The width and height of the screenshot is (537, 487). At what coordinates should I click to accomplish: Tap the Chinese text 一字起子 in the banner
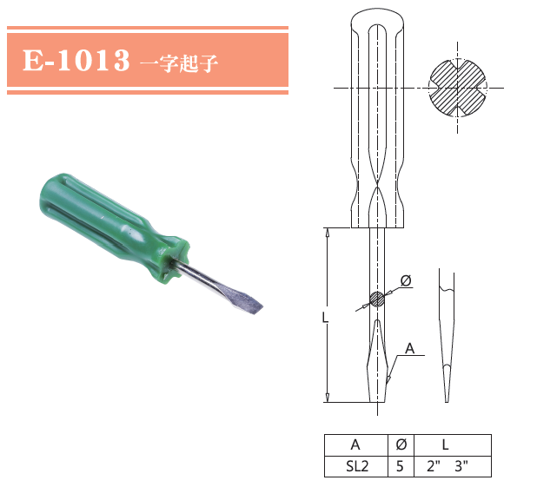click(x=177, y=63)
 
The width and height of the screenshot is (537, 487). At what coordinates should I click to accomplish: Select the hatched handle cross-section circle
click(x=459, y=88)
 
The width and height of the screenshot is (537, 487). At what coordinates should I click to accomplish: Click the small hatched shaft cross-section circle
click(x=377, y=299)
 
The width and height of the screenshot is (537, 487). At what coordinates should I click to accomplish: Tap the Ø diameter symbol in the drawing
click(x=406, y=280)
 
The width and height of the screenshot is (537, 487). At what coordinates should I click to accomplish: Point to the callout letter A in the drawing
click(x=409, y=349)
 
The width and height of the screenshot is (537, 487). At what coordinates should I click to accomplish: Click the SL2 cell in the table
click(x=355, y=465)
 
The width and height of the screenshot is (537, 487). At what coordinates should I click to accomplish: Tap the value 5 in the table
click(x=401, y=465)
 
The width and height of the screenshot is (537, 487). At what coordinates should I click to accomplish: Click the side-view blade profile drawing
click(x=445, y=339)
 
